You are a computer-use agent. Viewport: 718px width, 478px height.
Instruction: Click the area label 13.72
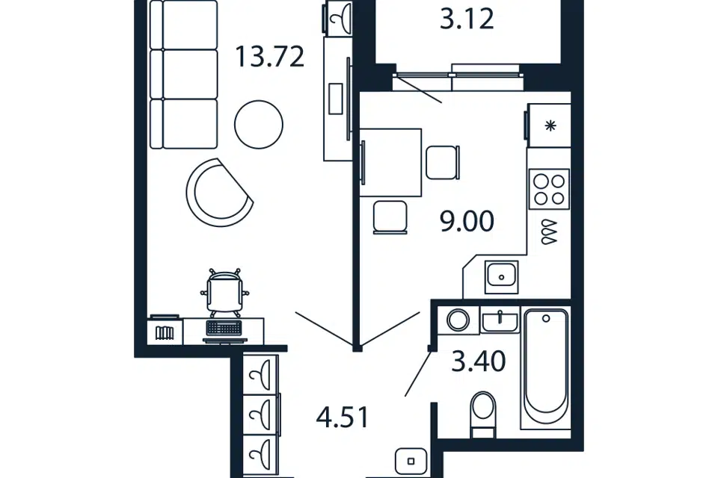tap(270, 58)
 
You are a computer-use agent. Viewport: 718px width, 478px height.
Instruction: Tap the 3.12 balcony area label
tap(467, 19)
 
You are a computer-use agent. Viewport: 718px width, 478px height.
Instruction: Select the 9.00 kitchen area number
tap(467, 221)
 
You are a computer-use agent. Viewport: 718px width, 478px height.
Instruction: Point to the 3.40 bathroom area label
tap(479, 361)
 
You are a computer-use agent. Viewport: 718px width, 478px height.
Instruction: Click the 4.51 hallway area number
tap(343, 418)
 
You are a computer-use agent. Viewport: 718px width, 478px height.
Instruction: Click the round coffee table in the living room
tap(259, 125)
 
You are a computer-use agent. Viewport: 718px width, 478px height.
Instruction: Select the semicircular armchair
tap(220, 192)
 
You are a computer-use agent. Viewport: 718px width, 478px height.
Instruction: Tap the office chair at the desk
tap(225, 292)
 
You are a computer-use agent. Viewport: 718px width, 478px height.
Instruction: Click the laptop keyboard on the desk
tap(224, 328)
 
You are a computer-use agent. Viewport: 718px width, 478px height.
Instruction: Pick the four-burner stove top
tap(550, 190)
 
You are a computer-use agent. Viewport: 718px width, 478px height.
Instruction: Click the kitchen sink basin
tap(501, 277)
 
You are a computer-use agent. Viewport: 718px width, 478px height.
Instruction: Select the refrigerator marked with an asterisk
tap(548, 125)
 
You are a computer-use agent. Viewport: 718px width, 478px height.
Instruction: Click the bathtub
tap(546, 368)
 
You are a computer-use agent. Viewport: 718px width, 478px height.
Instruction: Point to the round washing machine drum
tap(458, 320)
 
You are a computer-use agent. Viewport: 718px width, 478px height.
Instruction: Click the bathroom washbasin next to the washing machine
tap(500, 320)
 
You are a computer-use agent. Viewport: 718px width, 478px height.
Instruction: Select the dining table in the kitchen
tap(390, 162)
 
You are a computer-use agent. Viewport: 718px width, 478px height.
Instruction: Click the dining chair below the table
tap(390, 217)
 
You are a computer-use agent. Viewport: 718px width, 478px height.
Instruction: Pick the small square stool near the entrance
tap(411, 461)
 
